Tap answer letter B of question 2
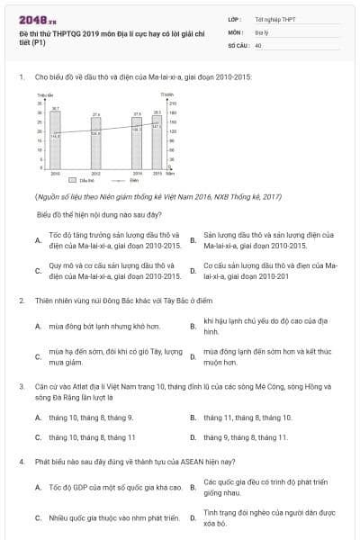(x=193, y=326)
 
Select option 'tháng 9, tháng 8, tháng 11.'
(x=245, y=437)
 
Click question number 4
(x=21, y=462)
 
